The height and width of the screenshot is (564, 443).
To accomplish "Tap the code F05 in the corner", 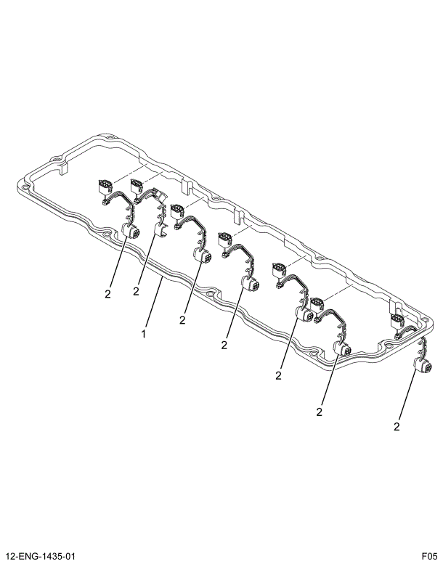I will point(428,556).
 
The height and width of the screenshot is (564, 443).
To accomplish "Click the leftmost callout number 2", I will point(107,294).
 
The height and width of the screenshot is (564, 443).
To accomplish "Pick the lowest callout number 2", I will point(397,427).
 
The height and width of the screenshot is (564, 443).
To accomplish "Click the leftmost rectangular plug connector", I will point(103,187).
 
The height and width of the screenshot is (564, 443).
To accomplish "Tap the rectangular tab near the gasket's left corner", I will point(63,168).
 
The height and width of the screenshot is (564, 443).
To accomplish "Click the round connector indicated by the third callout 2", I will point(201,257).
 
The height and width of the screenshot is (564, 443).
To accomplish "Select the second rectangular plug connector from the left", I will point(137,187).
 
